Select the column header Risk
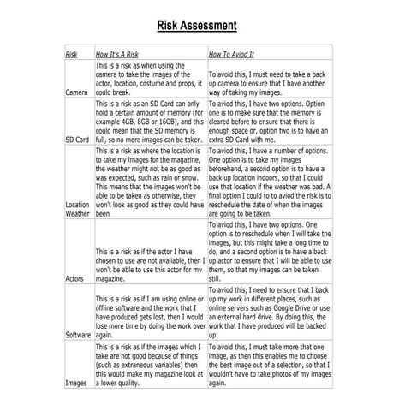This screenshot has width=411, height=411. click(x=71, y=54)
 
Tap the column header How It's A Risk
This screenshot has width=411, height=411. click(x=121, y=54)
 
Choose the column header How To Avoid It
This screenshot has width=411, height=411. click(x=237, y=54)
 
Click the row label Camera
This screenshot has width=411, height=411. click(x=77, y=92)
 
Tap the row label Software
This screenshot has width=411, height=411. click(x=79, y=336)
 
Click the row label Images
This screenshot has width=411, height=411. click(x=76, y=383)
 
